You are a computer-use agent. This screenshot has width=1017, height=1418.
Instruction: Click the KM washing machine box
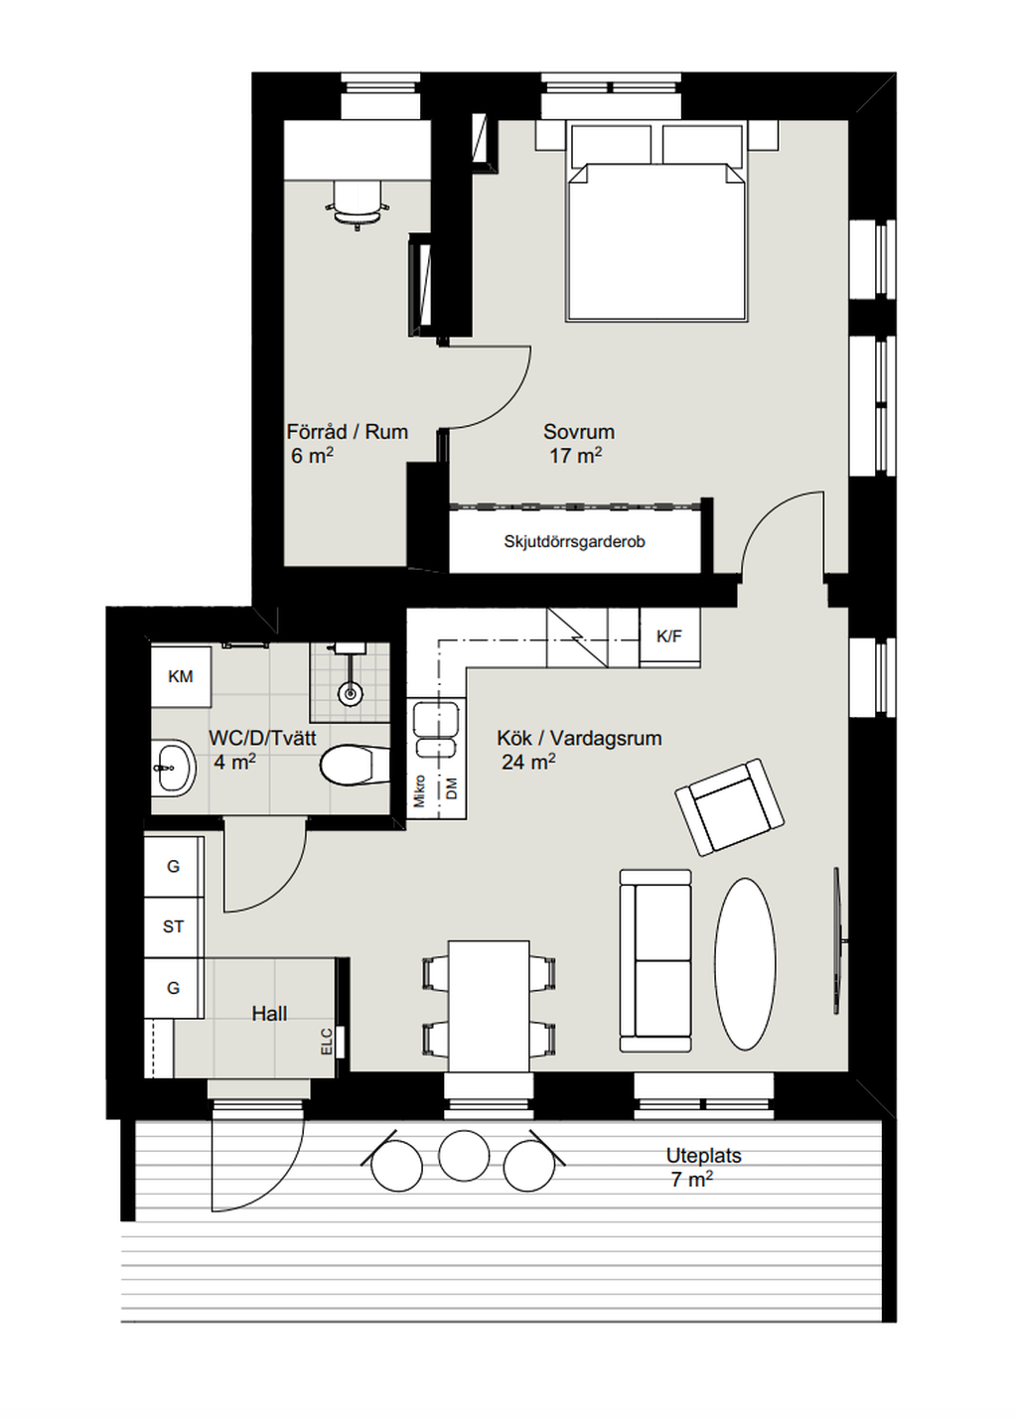[181, 676]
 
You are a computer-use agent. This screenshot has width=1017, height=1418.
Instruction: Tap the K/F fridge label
[669, 637]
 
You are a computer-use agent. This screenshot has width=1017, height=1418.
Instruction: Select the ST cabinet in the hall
[174, 926]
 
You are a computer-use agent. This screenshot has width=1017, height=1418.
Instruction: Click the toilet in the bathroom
[355, 766]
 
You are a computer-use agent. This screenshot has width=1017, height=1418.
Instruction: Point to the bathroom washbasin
[173, 768]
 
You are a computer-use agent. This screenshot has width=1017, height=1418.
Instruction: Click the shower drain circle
[350, 694]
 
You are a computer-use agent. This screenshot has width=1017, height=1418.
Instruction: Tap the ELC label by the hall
[327, 1042]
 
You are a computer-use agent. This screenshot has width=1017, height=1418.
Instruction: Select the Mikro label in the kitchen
[419, 790]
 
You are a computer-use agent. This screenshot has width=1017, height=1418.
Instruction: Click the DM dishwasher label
[452, 788]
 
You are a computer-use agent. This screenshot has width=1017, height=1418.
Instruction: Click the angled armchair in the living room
[730, 806]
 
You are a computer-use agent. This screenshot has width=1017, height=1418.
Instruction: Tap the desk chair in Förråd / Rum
[358, 202]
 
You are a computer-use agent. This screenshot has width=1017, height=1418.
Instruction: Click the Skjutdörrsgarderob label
[574, 542]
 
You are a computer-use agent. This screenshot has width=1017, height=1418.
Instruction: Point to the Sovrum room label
[579, 432]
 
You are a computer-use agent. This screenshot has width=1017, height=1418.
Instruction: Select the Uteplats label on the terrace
[703, 1155]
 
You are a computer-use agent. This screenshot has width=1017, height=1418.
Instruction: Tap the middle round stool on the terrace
[463, 1155]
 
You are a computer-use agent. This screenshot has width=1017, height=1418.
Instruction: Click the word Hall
[269, 1014]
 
